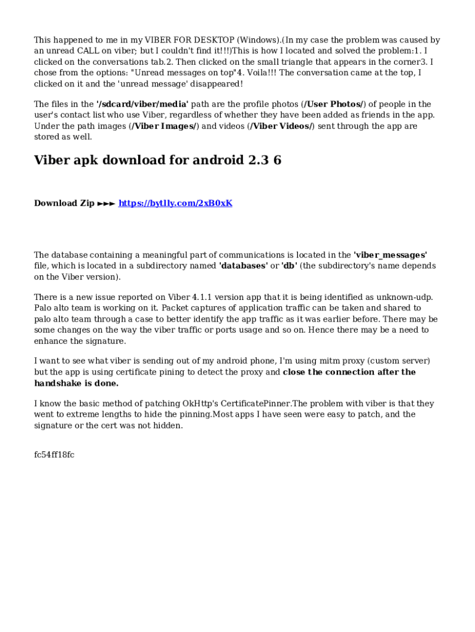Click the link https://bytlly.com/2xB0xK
tap(175, 203)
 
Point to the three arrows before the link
tap(106, 203)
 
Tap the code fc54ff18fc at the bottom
tap(54, 455)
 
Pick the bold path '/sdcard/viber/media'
tap(142, 104)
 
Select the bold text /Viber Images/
tap(163, 127)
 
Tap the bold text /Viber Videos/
tap(280, 127)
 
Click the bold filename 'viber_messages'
tap(390, 255)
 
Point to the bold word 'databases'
tap(244, 266)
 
